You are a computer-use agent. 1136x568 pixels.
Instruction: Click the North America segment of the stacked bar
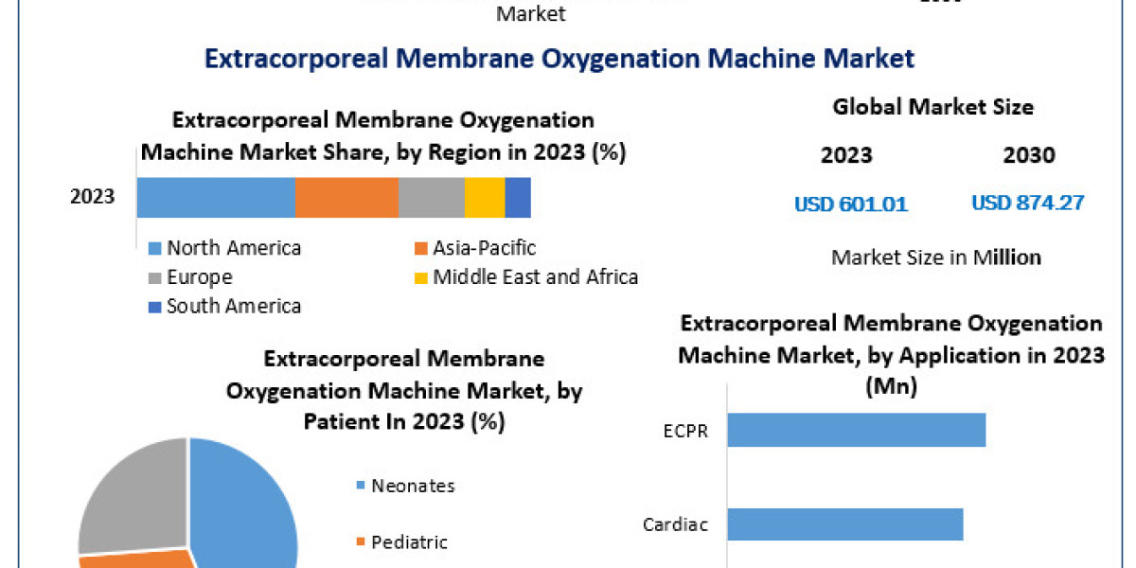click(x=216, y=197)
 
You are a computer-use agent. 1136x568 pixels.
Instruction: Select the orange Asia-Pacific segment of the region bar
click(x=346, y=197)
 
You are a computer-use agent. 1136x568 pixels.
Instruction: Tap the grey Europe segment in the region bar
click(x=432, y=197)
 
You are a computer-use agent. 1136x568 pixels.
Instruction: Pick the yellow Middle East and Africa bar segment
click(x=485, y=197)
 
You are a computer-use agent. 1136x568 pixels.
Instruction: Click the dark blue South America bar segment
click(x=518, y=197)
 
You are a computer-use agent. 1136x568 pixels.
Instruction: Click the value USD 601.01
click(x=851, y=204)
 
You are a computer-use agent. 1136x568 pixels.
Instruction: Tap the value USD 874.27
click(x=1028, y=203)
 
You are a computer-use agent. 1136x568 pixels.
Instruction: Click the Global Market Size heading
click(x=932, y=107)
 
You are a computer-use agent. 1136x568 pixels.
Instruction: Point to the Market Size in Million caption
click(x=936, y=257)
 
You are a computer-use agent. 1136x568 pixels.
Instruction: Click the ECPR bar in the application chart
click(x=857, y=429)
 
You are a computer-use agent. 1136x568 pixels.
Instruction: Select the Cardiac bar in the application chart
click(x=845, y=524)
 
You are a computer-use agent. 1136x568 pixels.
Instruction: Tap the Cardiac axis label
click(x=677, y=524)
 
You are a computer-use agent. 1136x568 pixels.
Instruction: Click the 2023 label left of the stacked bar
click(x=93, y=197)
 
